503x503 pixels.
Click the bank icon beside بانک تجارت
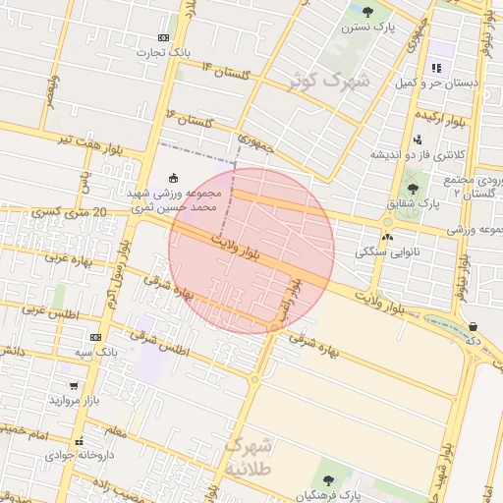[163, 37]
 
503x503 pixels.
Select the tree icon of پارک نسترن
[367, 12]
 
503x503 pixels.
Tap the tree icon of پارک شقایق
[412, 188]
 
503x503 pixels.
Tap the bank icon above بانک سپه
[95, 337]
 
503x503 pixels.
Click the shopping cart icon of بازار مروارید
[75, 386]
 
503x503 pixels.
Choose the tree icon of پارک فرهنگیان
[328, 479]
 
